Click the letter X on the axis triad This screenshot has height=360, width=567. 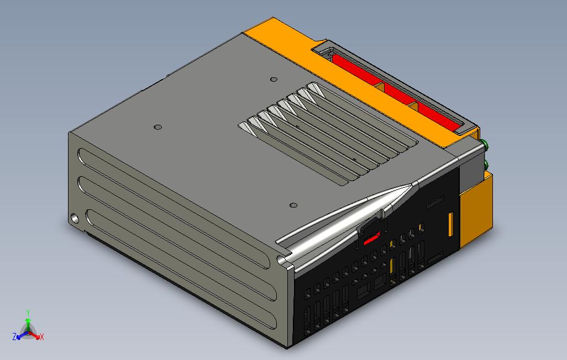click(x=42, y=336)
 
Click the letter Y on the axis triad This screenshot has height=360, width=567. click(x=28, y=313)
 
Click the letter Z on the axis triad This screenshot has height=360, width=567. click(x=14, y=336)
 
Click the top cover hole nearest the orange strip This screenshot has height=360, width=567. click(x=272, y=80)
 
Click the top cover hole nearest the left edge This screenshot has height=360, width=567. click(x=158, y=128)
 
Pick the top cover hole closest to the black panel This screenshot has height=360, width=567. click(x=293, y=205)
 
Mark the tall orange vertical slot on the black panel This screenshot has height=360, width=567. click(x=450, y=224)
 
